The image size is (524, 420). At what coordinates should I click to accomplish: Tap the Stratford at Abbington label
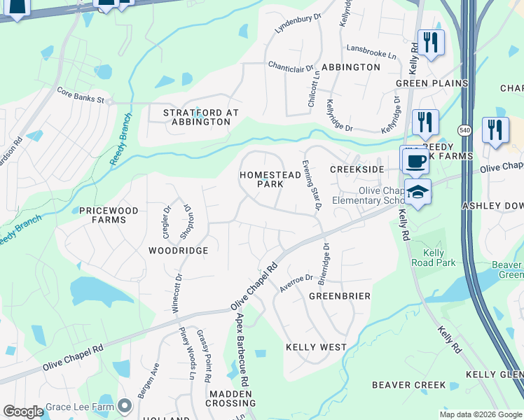tap(201, 117)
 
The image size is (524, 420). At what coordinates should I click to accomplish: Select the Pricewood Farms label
tap(103, 215)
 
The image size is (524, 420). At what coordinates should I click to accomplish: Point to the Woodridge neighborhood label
tap(178, 250)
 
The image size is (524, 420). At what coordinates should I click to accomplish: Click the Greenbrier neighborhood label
tap(340, 296)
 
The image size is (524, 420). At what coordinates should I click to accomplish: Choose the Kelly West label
tap(316, 347)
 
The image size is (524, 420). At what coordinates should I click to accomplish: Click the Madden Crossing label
tap(230, 398)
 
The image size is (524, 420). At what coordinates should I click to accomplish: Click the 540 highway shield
tap(467, 130)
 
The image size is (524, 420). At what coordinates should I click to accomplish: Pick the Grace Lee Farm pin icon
tap(125, 406)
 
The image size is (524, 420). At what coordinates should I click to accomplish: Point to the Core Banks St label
tap(80, 91)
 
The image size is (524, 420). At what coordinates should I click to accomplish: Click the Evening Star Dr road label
tap(312, 184)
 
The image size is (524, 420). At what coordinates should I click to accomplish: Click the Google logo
tap(23, 412)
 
